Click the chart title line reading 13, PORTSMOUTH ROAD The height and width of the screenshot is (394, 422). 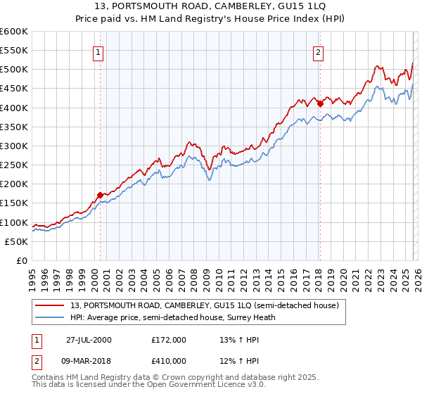coord(210,8)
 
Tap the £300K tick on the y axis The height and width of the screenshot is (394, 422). coord(14,146)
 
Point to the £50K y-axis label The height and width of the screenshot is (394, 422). coord(16,241)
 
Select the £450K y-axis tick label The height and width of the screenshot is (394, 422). coord(14,89)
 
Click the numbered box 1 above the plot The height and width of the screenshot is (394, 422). coord(98,51)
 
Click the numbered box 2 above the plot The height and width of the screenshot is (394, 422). coord(318,51)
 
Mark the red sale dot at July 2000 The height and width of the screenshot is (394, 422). coord(100,194)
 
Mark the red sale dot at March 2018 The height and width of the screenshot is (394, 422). coord(320,103)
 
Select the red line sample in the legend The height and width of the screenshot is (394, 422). coord(50,305)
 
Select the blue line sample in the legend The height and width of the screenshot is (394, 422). coord(50,317)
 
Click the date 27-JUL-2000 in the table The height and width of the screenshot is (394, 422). coord(89,340)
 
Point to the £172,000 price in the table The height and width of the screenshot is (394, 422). coord(169,340)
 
